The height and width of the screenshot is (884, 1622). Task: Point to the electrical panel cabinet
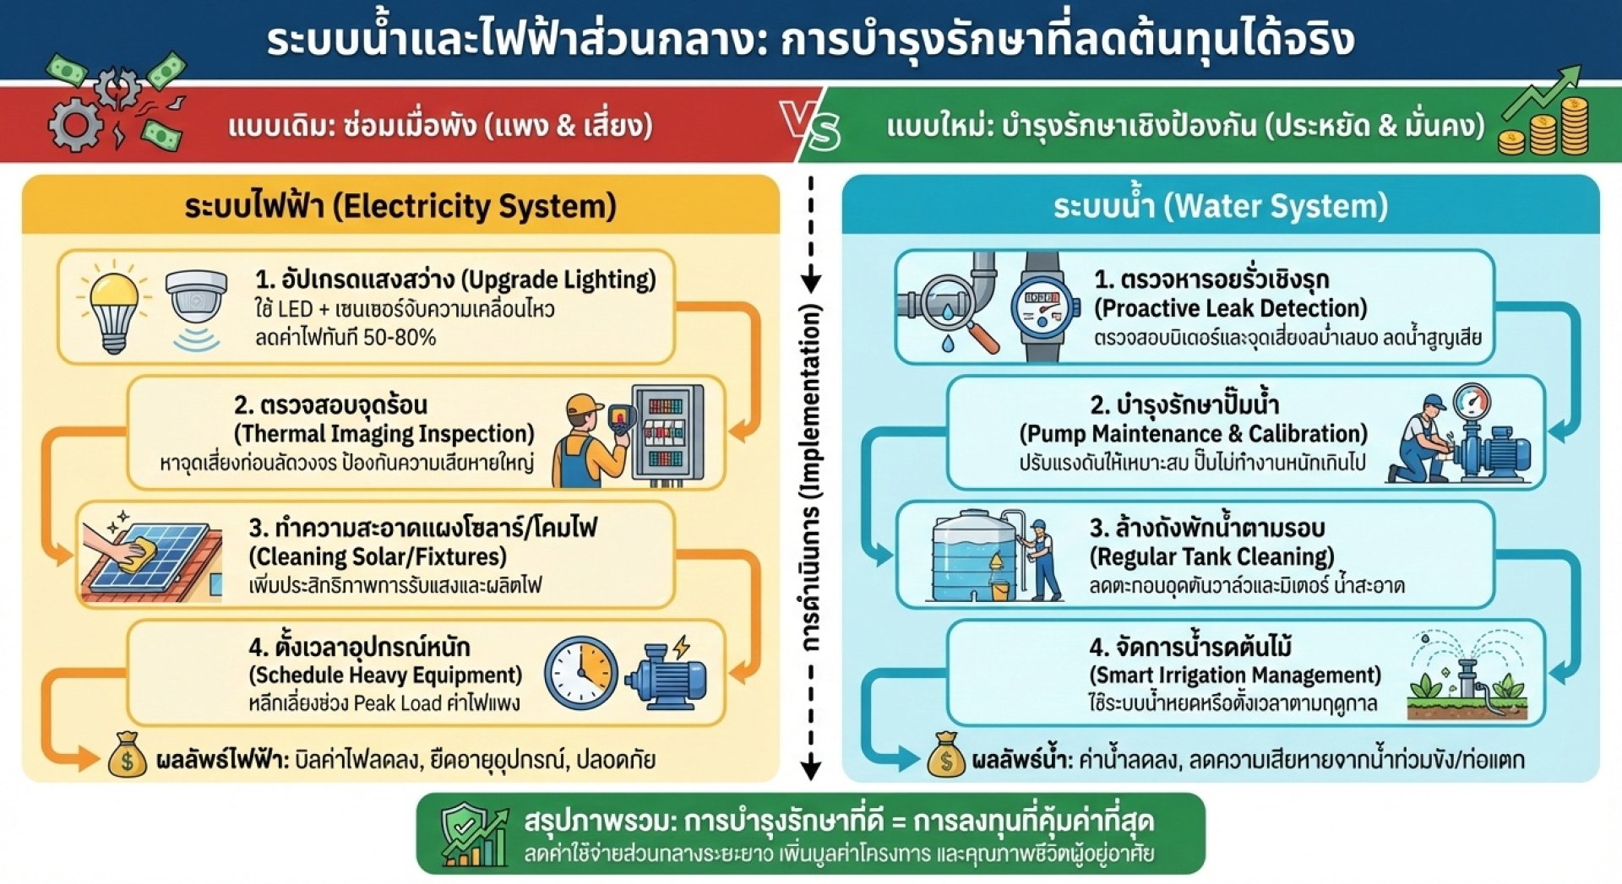coord(667,435)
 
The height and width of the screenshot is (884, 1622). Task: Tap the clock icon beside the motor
coord(581,673)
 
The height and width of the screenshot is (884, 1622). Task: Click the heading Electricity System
coord(475,206)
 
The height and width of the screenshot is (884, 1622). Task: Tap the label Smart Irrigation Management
coord(1234,675)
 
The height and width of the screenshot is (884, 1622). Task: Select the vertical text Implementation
coord(811,401)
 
